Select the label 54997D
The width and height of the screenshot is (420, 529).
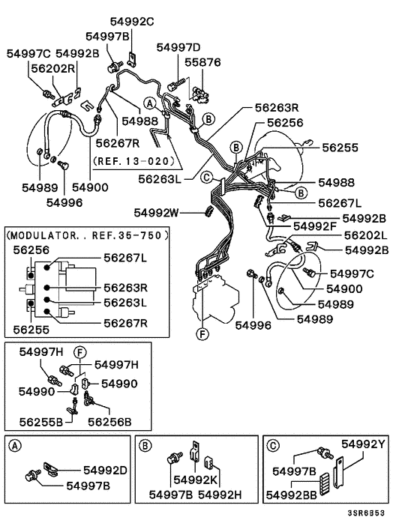(178, 48)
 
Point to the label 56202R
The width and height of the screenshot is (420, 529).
(52, 67)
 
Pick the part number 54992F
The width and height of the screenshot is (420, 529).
(314, 226)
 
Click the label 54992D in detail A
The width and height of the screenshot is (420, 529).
(101, 471)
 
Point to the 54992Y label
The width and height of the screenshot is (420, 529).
(364, 444)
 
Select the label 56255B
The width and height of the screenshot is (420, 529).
(40, 421)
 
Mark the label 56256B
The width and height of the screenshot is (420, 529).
(111, 421)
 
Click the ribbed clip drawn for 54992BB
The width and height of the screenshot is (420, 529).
(325, 483)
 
